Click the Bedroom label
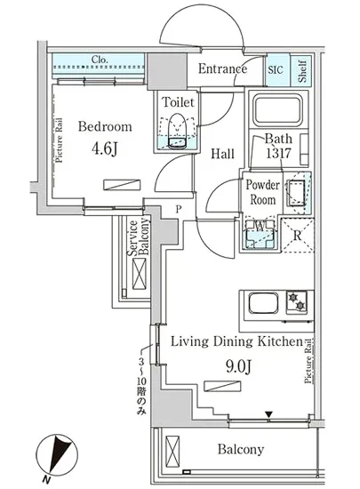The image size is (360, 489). point(105,126)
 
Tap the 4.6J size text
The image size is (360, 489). point(104,148)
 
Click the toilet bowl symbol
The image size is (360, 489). point(177,131)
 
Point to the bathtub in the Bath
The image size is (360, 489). point(277,109)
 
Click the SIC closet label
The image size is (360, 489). point(276,69)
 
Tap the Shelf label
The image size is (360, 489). point(301,70)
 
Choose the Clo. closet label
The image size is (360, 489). point(100,60)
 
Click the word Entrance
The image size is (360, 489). point(222,68)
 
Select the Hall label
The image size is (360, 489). point(222,154)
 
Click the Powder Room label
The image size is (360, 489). point(263,192)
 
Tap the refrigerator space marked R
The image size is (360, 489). point(298,236)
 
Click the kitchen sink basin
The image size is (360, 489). point(263,304)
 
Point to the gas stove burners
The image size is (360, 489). point(296,301)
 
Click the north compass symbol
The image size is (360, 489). point(56,455)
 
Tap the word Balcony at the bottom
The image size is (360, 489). point(241,449)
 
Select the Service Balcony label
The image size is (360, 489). point(138,237)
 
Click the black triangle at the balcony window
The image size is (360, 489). point(268,415)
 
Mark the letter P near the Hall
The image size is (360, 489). point(178,209)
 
